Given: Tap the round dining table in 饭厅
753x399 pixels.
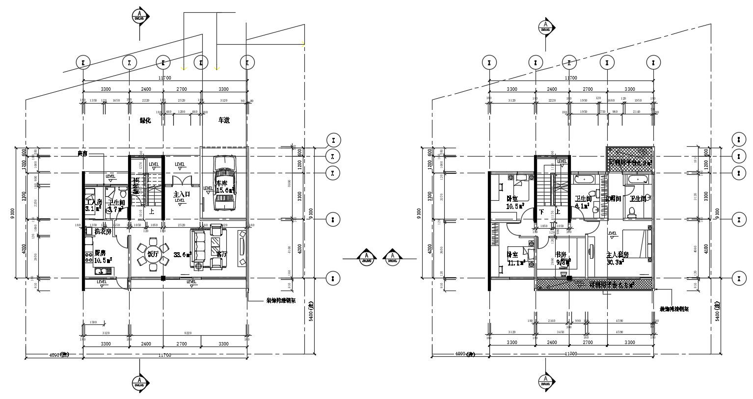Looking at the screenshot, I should [153, 254].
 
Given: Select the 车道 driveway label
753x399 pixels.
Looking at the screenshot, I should [224, 120].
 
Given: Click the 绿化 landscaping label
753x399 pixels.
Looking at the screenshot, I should [145, 120].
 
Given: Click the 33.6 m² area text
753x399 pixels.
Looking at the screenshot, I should [182, 255].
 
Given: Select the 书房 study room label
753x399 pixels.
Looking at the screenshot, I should [561, 255].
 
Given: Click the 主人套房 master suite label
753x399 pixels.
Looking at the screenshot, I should [618, 255].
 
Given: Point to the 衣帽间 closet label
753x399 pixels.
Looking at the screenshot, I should [613, 199].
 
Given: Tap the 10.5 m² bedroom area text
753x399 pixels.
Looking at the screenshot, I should [515, 206].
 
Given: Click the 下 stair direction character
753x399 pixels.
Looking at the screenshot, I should [541, 213].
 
